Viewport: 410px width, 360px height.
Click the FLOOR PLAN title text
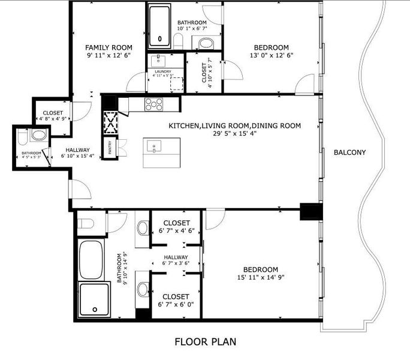[205, 342]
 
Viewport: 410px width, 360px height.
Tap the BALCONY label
[349, 152]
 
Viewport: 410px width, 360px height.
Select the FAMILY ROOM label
[108, 47]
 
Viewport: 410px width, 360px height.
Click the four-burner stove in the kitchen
[154, 104]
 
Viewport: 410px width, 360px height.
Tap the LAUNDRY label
[162, 72]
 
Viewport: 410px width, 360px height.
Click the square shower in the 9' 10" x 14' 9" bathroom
[95, 300]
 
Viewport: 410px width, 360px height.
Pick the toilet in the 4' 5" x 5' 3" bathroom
[37, 136]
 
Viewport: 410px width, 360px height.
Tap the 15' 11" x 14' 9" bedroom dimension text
[260, 278]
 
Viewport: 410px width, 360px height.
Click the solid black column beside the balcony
[311, 212]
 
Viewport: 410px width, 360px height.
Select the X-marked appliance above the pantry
[111, 123]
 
